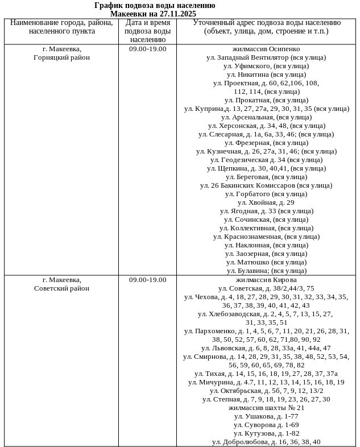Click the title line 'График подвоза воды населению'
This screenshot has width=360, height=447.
155,5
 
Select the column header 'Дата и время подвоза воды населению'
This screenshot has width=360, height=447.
147,31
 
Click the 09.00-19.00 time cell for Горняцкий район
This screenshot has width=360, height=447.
147,49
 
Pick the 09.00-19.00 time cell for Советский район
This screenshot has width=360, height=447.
147,280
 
